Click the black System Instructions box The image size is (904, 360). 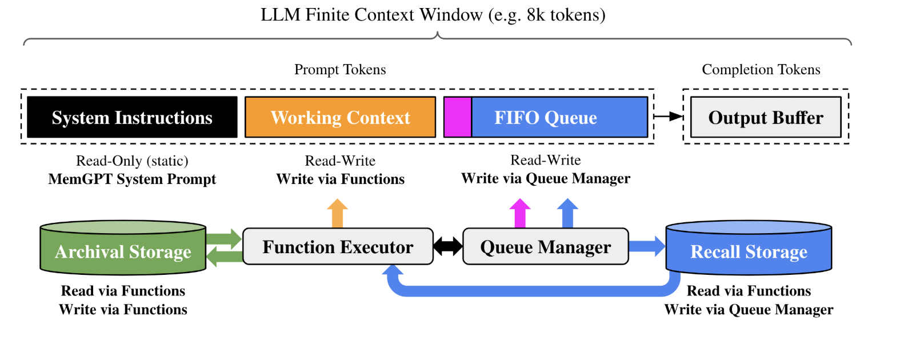(x=132, y=117)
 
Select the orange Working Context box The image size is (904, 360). (x=340, y=117)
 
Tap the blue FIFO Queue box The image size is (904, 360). (x=559, y=117)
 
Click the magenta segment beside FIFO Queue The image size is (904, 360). (x=457, y=117)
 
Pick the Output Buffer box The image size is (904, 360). (x=765, y=117)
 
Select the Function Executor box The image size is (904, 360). (x=338, y=247)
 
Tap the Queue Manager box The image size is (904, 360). (x=545, y=247)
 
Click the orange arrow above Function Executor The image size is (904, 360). (x=338, y=214)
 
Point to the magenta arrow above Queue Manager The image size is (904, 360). (x=520, y=214)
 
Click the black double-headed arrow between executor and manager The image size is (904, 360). (x=448, y=247)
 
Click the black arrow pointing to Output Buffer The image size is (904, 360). (x=668, y=117)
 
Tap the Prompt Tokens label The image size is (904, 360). (x=340, y=70)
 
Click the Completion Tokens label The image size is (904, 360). (x=761, y=70)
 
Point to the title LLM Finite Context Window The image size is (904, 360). (x=433, y=15)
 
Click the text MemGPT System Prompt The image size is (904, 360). (x=132, y=179)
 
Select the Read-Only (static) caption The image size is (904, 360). (x=132, y=161)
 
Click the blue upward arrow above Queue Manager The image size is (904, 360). (x=567, y=214)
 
